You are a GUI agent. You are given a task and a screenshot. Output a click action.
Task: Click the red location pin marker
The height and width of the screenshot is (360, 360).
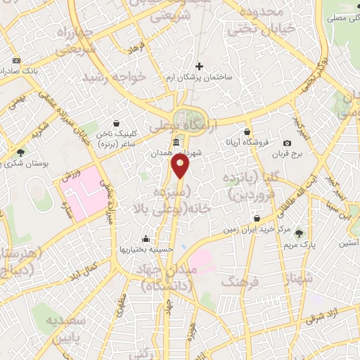click(x=180, y=166)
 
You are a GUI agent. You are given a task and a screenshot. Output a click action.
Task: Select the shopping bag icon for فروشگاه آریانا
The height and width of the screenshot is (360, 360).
click(x=247, y=131)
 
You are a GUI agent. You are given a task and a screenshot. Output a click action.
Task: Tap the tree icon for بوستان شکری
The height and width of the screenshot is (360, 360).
click(x=20, y=151)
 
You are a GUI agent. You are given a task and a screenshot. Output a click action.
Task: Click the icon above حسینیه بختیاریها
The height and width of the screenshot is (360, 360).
click(x=146, y=238)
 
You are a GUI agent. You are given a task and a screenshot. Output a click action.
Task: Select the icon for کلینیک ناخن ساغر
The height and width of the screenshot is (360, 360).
click(x=117, y=124)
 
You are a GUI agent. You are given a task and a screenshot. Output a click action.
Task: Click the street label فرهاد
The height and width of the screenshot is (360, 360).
click(x=134, y=49)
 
